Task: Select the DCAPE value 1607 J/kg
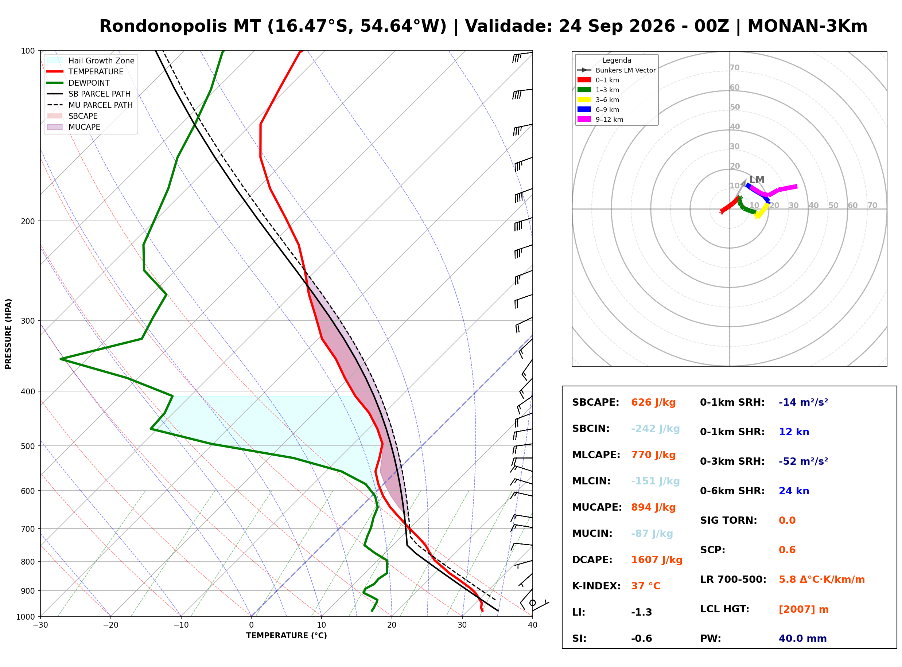[657, 561]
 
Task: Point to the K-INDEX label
[596, 587]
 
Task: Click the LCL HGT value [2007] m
[804, 610]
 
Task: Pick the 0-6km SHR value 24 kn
[794, 492]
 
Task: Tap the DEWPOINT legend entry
[78, 83]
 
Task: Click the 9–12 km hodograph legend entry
[600, 120]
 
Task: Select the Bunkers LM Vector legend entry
[617, 70]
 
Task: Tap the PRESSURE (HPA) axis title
[8, 334]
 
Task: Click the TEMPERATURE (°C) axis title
[287, 636]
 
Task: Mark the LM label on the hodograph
[757, 180]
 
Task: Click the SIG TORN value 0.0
[787, 521]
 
